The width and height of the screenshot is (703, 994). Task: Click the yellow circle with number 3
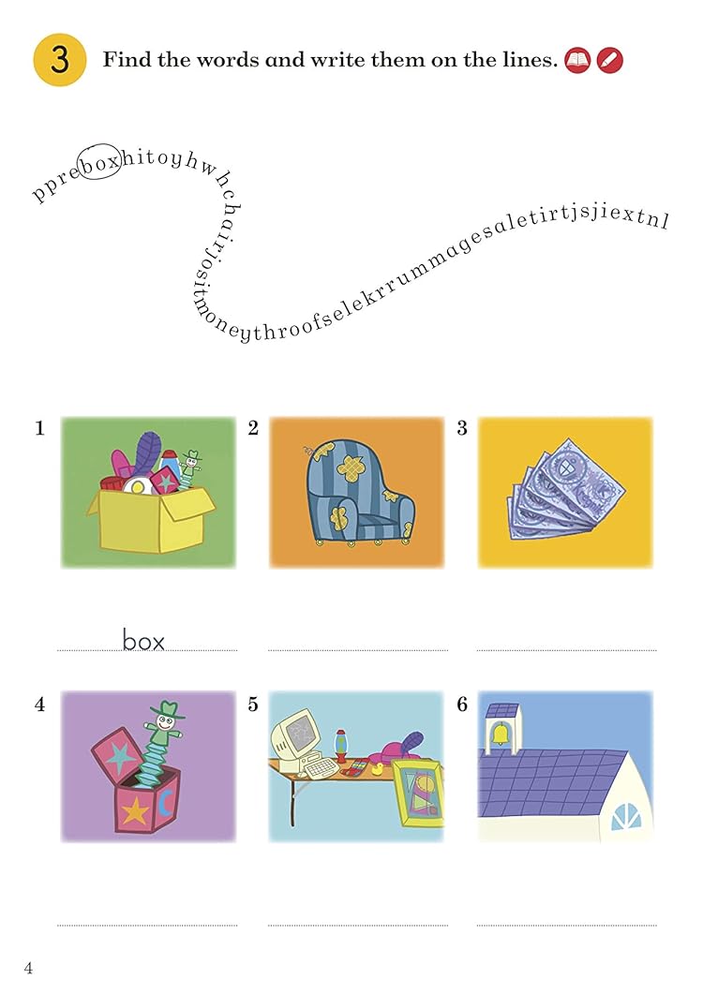(x=60, y=60)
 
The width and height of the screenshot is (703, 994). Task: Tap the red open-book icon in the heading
(x=577, y=60)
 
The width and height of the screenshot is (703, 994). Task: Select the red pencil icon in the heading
(x=609, y=60)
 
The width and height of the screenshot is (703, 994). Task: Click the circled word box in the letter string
(x=99, y=162)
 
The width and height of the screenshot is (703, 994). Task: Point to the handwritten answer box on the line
(x=143, y=640)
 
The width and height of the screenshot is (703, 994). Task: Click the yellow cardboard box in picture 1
(x=151, y=520)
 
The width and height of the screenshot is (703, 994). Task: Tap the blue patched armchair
(x=358, y=492)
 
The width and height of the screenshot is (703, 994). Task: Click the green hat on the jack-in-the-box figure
(x=168, y=709)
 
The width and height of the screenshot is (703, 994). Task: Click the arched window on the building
(x=627, y=817)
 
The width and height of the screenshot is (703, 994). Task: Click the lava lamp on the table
(x=341, y=745)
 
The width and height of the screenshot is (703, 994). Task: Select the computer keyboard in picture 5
(x=324, y=767)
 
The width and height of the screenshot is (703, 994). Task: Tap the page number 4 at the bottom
(x=28, y=968)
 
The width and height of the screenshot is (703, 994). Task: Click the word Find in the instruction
(x=127, y=60)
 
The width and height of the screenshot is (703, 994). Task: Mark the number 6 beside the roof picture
(x=462, y=705)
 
